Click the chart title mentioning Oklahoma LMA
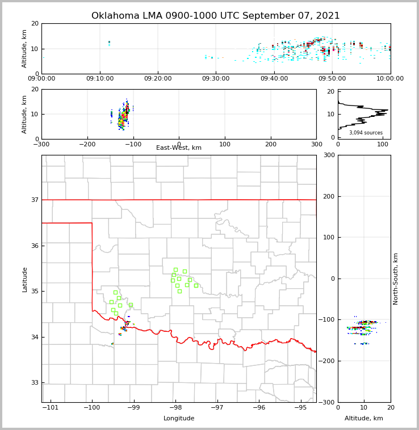click(216, 16)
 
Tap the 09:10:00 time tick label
click(100, 79)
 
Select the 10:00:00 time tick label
click(390, 79)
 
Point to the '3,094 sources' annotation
click(366, 133)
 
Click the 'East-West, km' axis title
click(179, 148)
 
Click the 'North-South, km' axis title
click(396, 279)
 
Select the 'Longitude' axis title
click(179, 419)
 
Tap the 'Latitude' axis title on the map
click(24, 279)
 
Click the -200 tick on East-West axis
click(87, 145)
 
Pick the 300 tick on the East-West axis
click(316, 145)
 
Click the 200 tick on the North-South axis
click(328, 196)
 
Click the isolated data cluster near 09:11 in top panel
click(109, 43)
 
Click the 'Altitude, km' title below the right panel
click(364, 419)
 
